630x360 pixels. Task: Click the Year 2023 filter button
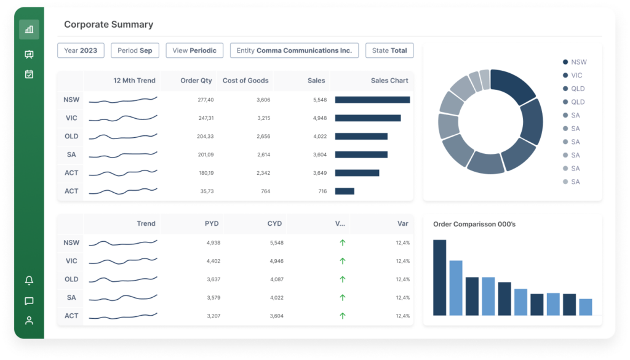click(x=81, y=50)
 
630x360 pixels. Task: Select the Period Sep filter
click(x=135, y=50)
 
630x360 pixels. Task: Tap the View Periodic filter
click(x=194, y=50)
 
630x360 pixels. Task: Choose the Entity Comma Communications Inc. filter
click(x=294, y=50)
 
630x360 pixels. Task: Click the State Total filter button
click(x=389, y=50)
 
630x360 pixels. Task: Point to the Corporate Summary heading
click(x=108, y=25)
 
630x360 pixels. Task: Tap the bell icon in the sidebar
click(x=29, y=281)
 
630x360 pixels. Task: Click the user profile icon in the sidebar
click(x=29, y=320)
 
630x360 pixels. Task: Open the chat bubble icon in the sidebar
click(x=29, y=301)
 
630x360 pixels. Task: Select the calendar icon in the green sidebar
click(x=29, y=74)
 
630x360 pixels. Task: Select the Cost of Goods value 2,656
click(x=263, y=136)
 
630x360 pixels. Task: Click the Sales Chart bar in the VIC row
click(x=367, y=118)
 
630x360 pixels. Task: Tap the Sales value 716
click(x=322, y=191)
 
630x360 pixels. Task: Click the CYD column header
click(x=274, y=223)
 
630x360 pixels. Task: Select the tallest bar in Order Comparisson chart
click(x=439, y=277)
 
